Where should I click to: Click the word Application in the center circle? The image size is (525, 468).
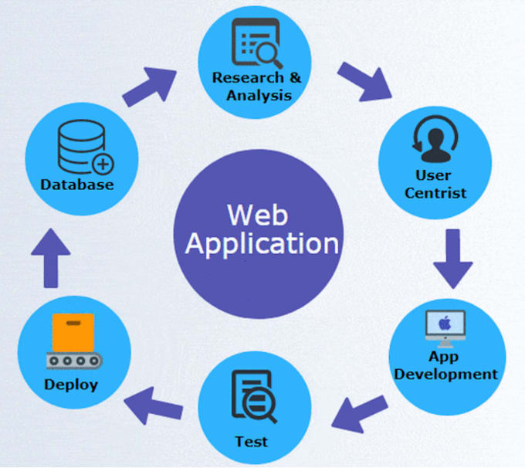point(262,243)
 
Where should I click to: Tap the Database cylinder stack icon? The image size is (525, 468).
point(80,150)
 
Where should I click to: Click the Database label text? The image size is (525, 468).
point(77,185)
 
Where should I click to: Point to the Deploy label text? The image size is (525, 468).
point(70,384)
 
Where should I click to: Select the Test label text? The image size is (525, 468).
point(252,442)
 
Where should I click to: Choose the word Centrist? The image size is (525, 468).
point(435,193)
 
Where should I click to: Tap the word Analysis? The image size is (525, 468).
point(259,96)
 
